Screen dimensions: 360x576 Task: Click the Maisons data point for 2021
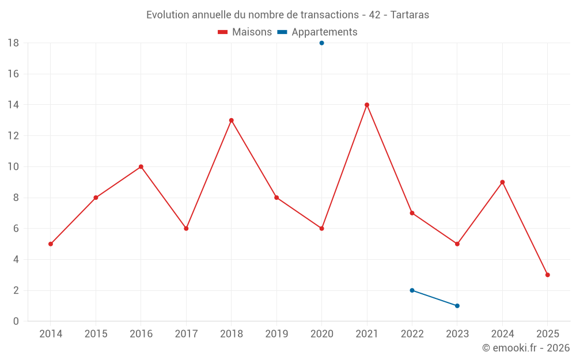pyautogui.click(x=367, y=105)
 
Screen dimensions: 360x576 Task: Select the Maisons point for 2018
pyautogui.click(x=231, y=120)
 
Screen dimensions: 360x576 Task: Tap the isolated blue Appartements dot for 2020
pyautogui.click(x=321, y=43)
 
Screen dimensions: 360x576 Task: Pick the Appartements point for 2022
pyautogui.click(x=412, y=290)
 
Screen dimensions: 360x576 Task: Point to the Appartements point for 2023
pyautogui.click(x=457, y=306)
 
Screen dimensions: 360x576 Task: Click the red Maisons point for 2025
pyautogui.click(x=548, y=275)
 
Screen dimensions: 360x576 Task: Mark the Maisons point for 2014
pyautogui.click(x=51, y=244)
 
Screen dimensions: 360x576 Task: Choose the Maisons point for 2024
pyautogui.click(x=502, y=182)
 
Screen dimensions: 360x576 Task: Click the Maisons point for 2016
pyautogui.click(x=141, y=166)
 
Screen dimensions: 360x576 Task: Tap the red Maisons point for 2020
pyautogui.click(x=321, y=229)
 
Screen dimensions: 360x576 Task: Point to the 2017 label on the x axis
pyautogui.click(x=186, y=334)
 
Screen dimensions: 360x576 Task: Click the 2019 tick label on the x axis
pyautogui.click(x=276, y=334)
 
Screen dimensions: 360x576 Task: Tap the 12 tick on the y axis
pyautogui.click(x=13, y=136)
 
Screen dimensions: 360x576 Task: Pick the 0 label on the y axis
pyautogui.click(x=16, y=321)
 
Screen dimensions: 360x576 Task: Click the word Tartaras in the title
pyautogui.click(x=410, y=15)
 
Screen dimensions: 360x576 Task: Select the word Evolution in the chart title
pyautogui.click(x=168, y=15)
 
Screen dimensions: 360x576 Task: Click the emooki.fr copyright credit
pyautogui.click(x=526, y=348)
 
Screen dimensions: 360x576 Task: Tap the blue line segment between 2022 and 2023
pyautogui.click(x=435, y=298)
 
